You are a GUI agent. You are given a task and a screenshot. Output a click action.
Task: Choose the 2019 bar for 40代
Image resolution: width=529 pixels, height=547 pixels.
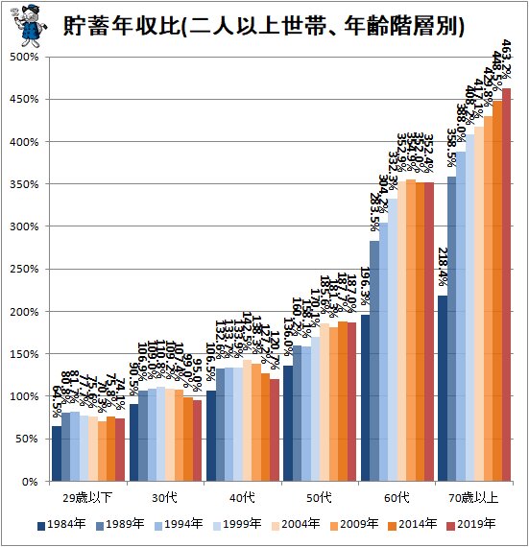(275, 430)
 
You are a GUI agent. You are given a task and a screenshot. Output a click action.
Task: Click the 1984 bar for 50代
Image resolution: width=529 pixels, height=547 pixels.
(287, 423)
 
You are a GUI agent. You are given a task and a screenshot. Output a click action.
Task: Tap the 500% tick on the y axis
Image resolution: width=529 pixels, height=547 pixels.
(23, 57)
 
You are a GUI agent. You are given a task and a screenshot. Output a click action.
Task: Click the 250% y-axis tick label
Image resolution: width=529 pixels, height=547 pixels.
(23, 269)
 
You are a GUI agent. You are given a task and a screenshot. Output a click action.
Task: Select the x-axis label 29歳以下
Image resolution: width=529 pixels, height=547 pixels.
(88, 498)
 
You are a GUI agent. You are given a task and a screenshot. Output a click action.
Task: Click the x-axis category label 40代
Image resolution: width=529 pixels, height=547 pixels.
(242, 498)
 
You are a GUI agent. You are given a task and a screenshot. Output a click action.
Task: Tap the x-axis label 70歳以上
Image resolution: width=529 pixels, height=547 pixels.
(473, 498)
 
